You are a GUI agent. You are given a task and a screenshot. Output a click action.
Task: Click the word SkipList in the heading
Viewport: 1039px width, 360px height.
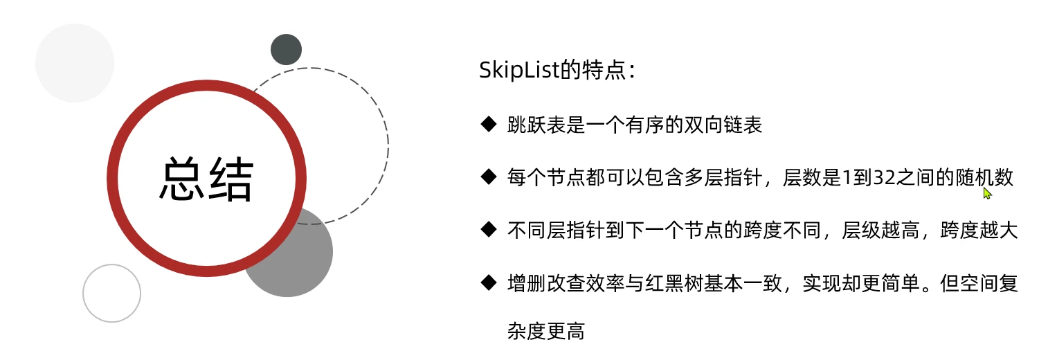click(510, 71)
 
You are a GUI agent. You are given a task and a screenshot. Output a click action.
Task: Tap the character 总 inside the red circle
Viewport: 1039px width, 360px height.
click(183, 179)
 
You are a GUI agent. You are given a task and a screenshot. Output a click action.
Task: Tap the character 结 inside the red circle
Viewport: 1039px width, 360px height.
click(231, 179)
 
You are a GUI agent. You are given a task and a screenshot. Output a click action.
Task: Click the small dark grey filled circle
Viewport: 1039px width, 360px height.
click(286, 50)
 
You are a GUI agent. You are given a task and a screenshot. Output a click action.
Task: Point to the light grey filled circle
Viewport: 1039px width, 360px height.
click(74, 62)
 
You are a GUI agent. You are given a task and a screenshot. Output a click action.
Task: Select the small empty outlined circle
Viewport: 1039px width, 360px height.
click(111, 293)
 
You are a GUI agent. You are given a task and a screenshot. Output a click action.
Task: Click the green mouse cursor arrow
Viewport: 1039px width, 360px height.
click(987, 193)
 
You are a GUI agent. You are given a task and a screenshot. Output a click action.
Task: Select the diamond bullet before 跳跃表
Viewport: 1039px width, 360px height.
click(489, 125)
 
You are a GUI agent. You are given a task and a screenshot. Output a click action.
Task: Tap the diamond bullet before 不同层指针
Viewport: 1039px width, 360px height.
click(489, 230)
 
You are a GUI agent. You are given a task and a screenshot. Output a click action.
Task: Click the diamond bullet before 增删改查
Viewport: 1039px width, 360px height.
click(489, 282)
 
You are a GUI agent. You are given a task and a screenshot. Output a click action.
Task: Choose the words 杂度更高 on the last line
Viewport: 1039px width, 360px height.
click(545, 332)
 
